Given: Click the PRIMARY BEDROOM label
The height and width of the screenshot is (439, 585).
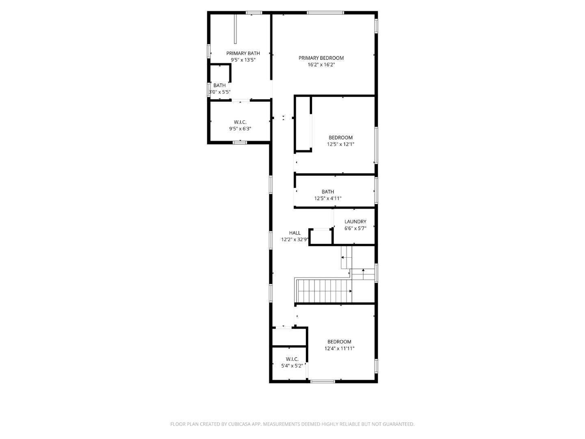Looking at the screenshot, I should point(321,58).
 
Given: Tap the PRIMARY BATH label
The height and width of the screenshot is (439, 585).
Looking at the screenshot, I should point(243,53).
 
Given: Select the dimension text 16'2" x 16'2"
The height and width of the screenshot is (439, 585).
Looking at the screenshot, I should point(321,65).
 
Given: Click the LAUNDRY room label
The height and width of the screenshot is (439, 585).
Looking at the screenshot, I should point(355,222).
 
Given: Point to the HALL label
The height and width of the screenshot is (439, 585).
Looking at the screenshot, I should point(295,233).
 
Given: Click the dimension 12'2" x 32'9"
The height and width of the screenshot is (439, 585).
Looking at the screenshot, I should point(295,239).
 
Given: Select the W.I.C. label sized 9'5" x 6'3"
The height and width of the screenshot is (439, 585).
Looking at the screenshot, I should point(240,122).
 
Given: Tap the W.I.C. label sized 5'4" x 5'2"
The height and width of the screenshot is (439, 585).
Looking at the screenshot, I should point(292,359).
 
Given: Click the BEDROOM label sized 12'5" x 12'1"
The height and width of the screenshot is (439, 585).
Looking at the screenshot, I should point(340,137).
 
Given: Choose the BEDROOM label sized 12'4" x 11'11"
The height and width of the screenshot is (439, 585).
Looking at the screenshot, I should point(339,342).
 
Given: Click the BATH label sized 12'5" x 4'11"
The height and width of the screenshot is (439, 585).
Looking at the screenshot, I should point(328,192).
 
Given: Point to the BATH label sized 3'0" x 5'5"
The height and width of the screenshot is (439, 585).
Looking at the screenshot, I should point(219,85).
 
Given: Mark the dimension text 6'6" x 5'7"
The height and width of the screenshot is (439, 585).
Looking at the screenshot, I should point(355,228).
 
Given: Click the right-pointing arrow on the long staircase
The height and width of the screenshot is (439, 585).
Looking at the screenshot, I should point(350,291).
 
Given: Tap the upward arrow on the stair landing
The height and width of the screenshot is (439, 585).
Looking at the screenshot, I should point(363,270).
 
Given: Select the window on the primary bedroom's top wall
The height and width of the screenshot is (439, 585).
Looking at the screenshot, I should point(325,13).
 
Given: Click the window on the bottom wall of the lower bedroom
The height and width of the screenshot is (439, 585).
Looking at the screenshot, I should point(323,381).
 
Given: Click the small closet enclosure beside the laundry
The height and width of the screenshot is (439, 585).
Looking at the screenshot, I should point(321,237).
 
